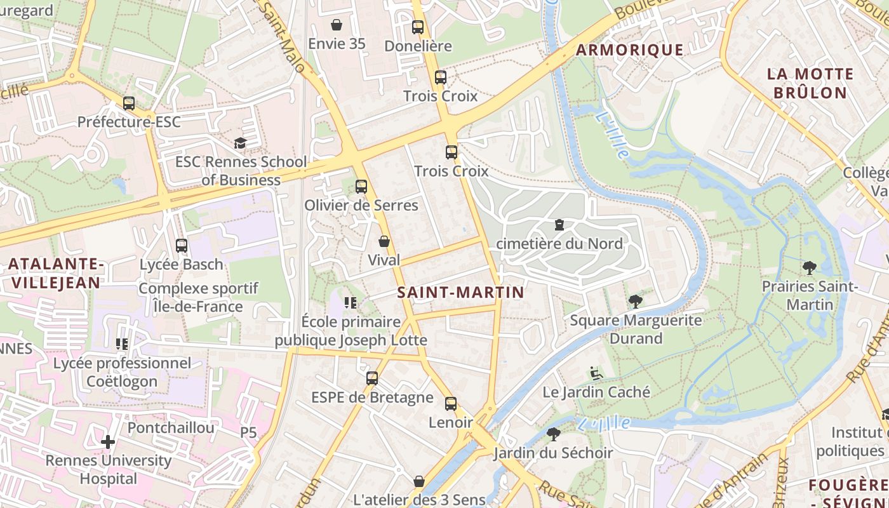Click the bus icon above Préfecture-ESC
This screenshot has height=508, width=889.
pyautogui.click(x=129, y=103)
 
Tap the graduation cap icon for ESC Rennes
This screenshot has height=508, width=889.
pyautogui.click(x=240, y=143)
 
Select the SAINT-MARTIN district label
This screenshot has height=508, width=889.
pyautogui.click(x=460, y=292)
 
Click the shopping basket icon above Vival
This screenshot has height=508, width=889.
pyautogui.click(x=384, y=241)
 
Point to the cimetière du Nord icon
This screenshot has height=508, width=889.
pyautogui.click(x=559, y=224)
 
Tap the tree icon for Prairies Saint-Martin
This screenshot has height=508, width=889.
pyautogui.click(x=809, y=268)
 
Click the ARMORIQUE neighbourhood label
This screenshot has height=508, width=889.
pyautogui.click(x=629, y=50)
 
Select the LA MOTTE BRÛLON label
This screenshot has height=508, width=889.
pyautogui.click(x=810, y=83)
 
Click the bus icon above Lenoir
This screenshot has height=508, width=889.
pyautogui.click(x=451, y=403)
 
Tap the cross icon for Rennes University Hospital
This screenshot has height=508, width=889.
pyautogui.click(x=108, y=441)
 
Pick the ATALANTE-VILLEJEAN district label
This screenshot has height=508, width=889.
pyautogui.click(x=55, y=274)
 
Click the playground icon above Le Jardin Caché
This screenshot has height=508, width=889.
pyautogui.click(x=596, y=373)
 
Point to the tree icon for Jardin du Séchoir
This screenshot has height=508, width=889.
pyautogui.click(x=553, y=434)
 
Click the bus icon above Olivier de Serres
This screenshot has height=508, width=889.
pyautogui.click(x=361, y=186)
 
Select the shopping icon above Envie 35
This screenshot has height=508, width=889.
pyautogui.click(x=337, y=25)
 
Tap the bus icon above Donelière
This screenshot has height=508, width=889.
pyautogui.click(x=418, y=27)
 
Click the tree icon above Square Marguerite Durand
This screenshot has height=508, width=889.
pyautogui.click(x=635, y=301)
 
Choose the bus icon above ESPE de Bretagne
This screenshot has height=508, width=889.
pyautogui.click(x=372, y=378)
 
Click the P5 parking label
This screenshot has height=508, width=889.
pyautogui.click(x=248, y=432)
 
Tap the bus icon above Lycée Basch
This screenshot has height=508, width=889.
pyautogui.click(x=182, y=245)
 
